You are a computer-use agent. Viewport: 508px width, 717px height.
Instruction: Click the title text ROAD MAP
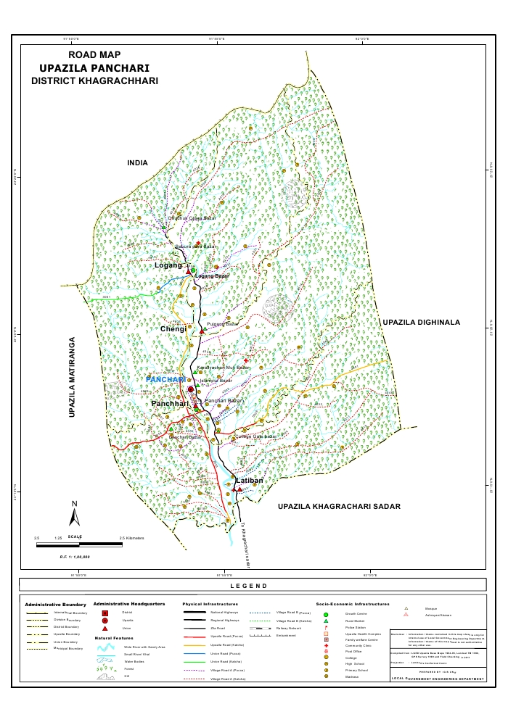click(94, 54)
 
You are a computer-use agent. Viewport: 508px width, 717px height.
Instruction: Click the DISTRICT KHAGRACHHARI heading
click(94, 81)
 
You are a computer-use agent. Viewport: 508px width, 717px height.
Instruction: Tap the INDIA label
click(137, 163)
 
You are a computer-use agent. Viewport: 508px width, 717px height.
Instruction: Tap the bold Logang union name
click(168, 266)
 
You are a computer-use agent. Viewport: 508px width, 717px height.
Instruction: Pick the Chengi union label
click(173, 329)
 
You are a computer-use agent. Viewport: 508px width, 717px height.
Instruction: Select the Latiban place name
click(248, 481)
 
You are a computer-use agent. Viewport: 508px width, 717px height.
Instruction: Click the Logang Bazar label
click(212, 276)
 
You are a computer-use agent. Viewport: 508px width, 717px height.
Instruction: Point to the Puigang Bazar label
click(223, 323)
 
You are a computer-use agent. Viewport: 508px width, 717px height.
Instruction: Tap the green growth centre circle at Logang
click(194, 270)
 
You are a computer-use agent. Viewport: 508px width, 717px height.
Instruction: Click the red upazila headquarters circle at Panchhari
click(191, 390)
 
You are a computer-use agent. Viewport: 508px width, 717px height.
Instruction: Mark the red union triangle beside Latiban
click(239, 489)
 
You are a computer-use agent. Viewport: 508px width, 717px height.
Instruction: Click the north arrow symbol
click(74, 514)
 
